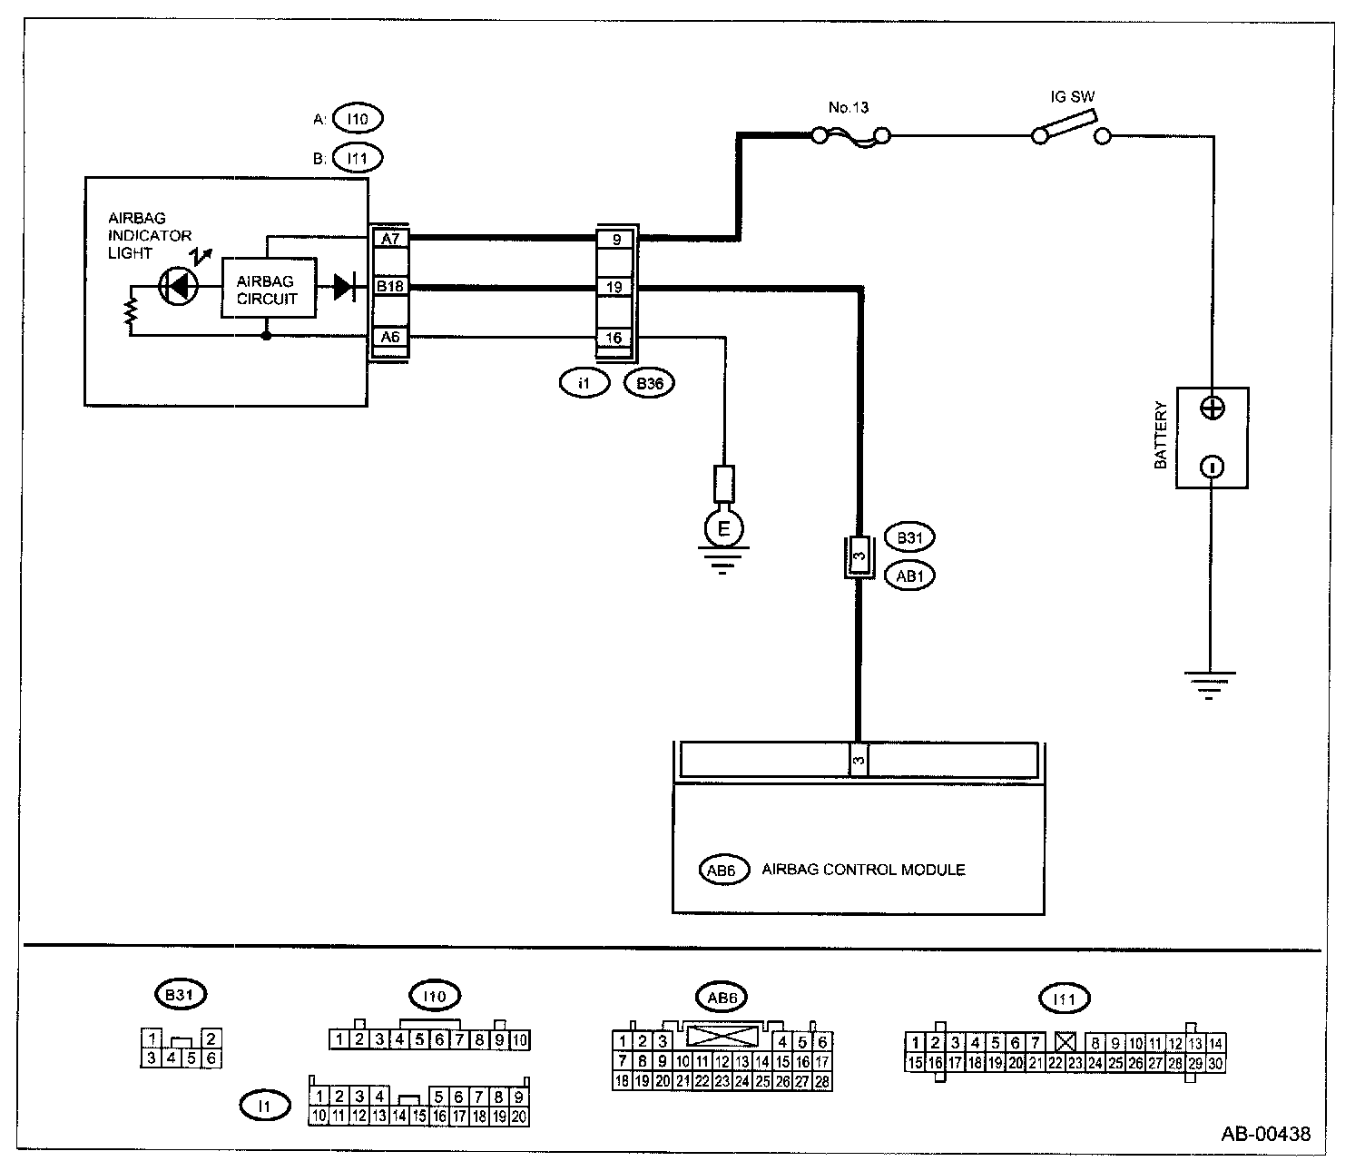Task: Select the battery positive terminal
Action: click(1212, 408)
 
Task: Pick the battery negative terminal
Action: click(1212, 467)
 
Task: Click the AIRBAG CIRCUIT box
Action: click(269, 290)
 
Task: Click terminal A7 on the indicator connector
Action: click(390, 239)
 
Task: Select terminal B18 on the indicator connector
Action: click(390, 287)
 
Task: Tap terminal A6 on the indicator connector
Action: click(390, 337)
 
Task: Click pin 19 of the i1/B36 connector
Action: click(615, 288)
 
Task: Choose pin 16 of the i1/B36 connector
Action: click(615, 338)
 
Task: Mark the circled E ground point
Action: click(723, 527)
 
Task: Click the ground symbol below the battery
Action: click(1209, 684)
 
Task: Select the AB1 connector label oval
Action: click(909, 576)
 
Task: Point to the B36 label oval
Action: click(650, 384)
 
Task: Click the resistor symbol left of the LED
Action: click(132, 310)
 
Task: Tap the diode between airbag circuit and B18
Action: click(344, 287)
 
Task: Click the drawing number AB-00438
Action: click(1265, 1133)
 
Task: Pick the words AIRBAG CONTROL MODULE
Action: click(863, 870)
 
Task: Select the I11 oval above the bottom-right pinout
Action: click(1065, 1000)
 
